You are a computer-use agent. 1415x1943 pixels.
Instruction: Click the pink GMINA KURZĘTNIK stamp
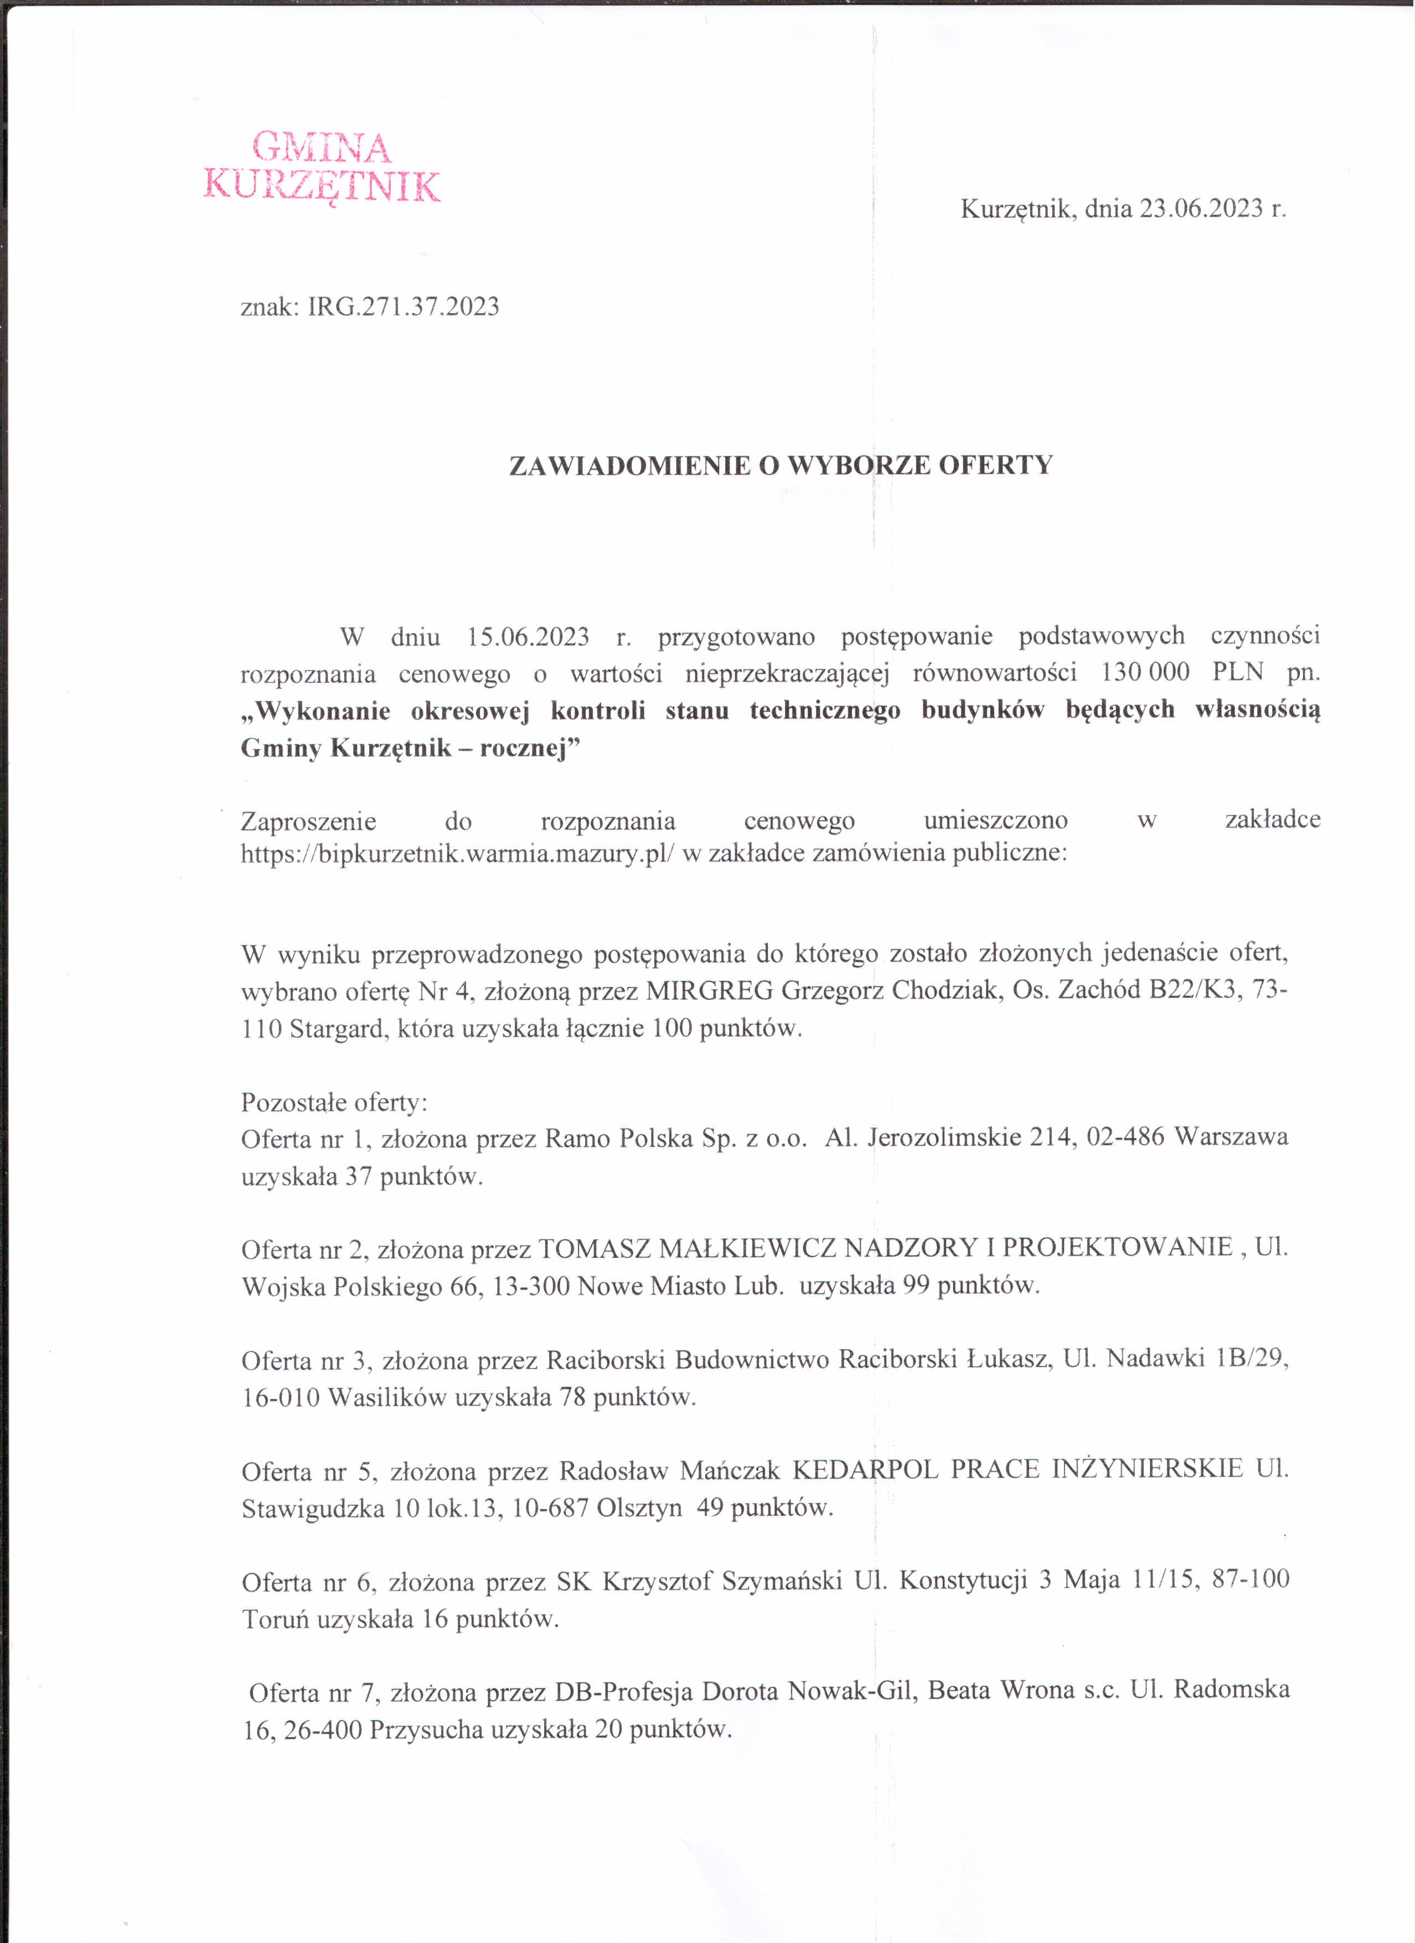322,167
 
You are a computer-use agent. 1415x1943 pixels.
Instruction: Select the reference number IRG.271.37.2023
404,306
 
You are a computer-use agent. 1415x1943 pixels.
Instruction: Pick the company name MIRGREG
709,990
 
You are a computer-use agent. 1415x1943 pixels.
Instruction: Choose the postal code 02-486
1125,1137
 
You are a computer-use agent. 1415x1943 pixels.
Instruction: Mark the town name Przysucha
426,1729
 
